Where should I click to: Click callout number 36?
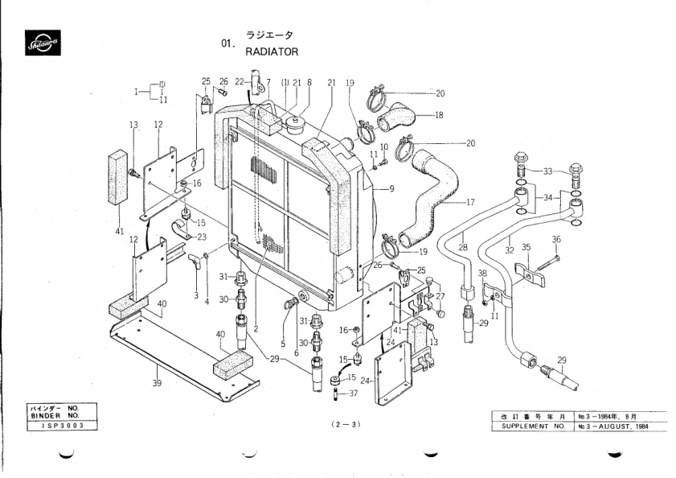[x=556, y=239]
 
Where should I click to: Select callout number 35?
[x=526, y=247]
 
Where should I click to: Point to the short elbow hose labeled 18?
[x=400, y=120]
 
